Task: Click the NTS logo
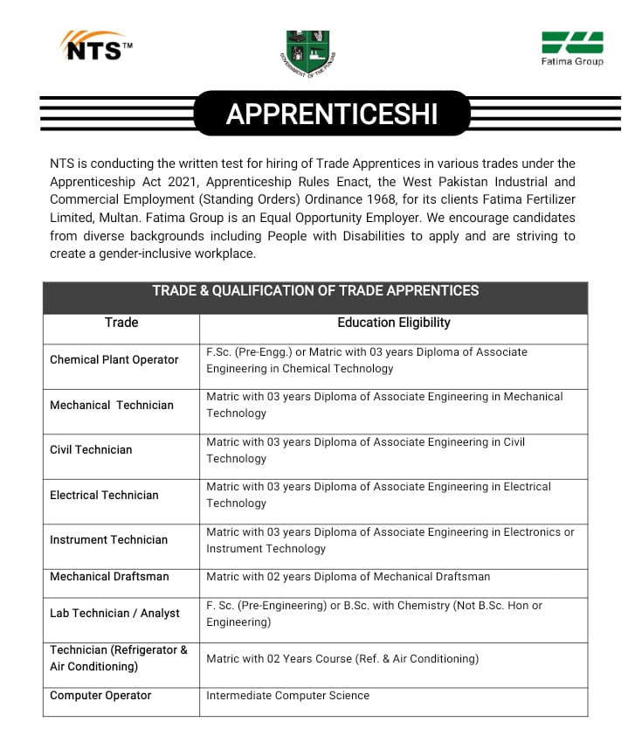coord(95,47)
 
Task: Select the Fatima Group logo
coord(572,49)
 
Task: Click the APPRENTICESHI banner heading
coord(332,115)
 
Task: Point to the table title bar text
coord(315,291)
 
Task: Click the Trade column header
coord(121,323)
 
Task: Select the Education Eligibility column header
coord(394,323)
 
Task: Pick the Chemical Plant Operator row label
coord(114,359)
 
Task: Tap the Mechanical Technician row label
coord(112,405)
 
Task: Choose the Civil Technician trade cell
coord(91,449)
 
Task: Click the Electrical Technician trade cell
coord(104,495)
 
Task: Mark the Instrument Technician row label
coord(108,539)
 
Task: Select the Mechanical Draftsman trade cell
coord(109,576)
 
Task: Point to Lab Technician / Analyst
coord(114,613)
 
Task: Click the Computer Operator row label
coord(100,695)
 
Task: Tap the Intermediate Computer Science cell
coord(287,695)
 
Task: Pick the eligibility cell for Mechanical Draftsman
coord(348,576)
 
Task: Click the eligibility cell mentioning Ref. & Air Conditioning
coord(342,658)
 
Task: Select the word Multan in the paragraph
coord(100,218)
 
